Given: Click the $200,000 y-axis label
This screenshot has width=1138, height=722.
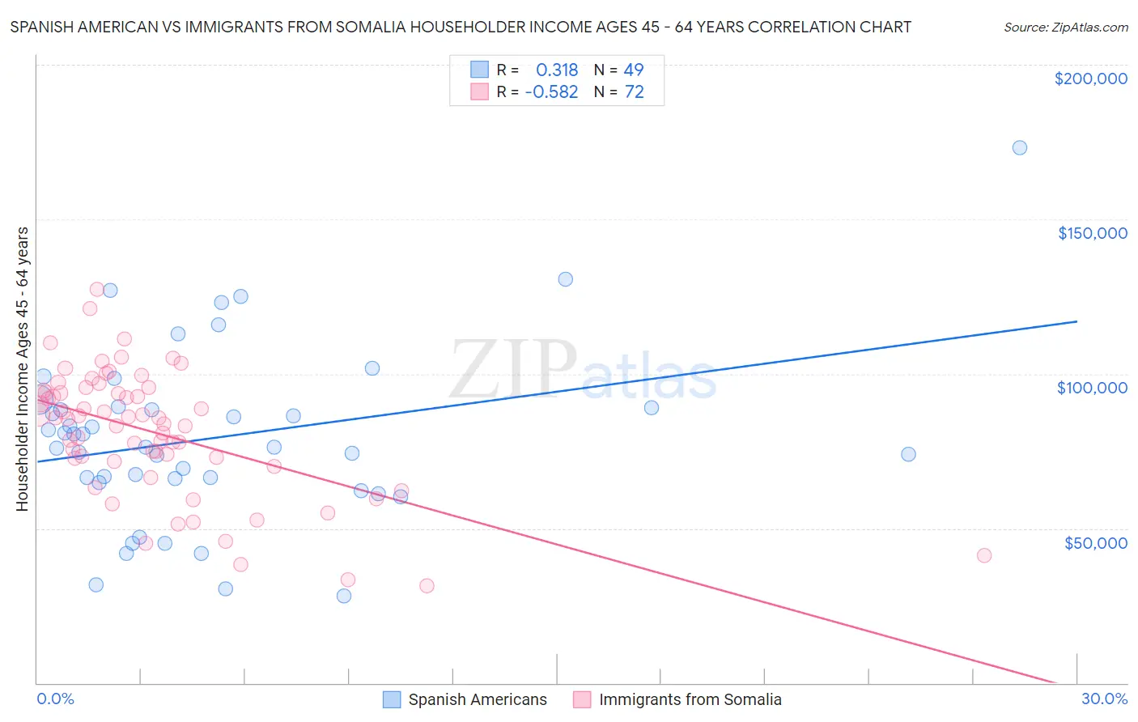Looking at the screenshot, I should point(1090,79).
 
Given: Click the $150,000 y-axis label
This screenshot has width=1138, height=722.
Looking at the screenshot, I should point(1092,233).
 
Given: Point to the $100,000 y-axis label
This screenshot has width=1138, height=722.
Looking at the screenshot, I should point(1092,388).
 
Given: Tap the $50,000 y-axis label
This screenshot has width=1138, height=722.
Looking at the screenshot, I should point(1095,542).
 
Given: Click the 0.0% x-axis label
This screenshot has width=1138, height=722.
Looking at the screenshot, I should point(55,699).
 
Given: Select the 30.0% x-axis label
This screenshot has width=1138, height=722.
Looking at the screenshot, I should point(1104,699).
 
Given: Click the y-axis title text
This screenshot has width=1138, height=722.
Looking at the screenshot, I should point(22,369).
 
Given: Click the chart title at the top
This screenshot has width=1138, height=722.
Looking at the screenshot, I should point(461,27).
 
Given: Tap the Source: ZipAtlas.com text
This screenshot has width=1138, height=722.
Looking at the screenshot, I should point(1065,27).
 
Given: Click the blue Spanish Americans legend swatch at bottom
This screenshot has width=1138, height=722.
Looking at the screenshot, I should point(392,699).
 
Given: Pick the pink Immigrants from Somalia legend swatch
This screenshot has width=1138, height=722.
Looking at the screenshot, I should point(582,699).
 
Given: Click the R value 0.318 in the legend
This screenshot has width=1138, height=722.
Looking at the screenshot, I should point(557,70).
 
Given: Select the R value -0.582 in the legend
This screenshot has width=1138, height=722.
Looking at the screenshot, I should point(551,92).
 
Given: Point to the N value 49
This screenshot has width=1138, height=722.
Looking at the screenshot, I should point(634,70).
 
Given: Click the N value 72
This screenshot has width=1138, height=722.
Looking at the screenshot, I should point(634,92).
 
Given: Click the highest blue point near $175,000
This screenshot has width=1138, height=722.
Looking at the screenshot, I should point(1020,147).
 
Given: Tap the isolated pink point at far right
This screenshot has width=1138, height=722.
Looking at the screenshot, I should point(984,555).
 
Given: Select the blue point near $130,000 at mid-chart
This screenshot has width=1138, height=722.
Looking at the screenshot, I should point(566,279).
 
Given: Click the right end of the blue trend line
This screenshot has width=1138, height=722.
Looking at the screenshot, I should point(1076,321).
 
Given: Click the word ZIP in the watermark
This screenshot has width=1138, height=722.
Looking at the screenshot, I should point(513,370).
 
